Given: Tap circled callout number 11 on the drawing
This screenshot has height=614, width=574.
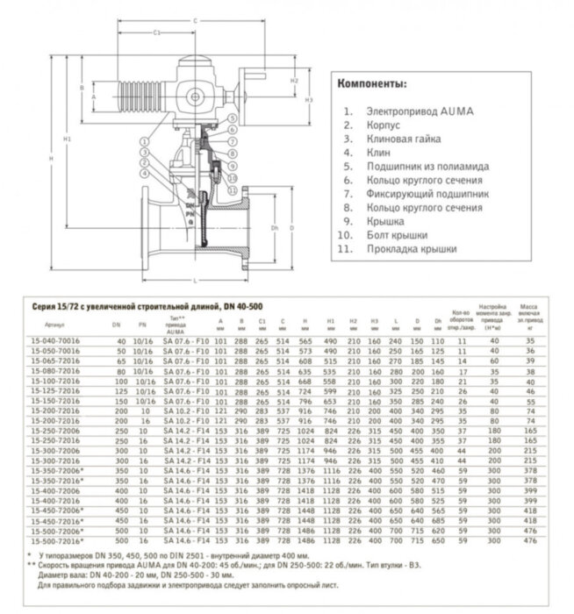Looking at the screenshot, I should [x=232, y=189].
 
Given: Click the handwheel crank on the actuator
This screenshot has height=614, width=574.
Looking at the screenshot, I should [x=254, y=82].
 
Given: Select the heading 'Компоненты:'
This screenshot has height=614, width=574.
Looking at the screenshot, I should [x=371, y=85].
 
